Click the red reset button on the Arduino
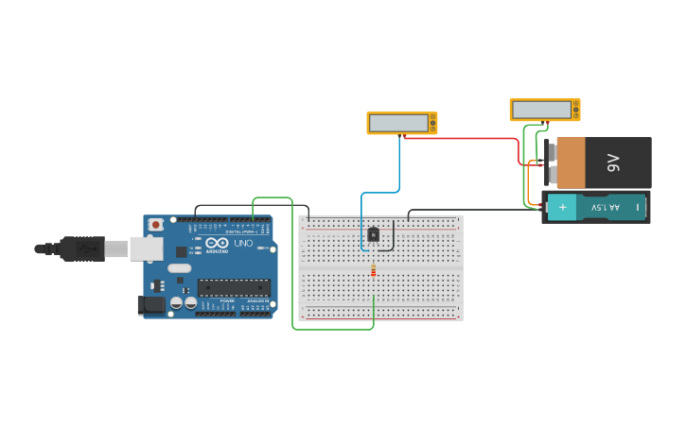point(155,225)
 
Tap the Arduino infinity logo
point(217,243)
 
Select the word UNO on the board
point(243,243)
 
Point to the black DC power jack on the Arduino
point(150,304)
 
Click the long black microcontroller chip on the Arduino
point(233,287)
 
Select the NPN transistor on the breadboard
point(373,234)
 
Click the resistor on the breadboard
point(373,271)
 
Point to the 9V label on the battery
point(612,163)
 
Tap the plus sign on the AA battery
point(562,207)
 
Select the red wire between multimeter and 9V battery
point(464,138)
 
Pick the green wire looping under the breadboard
point(331,329)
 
